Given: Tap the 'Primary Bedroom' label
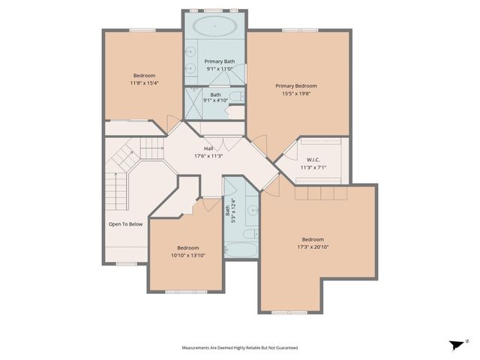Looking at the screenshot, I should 298,85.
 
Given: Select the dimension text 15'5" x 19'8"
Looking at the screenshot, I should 298,94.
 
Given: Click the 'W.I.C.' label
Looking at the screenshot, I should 313,159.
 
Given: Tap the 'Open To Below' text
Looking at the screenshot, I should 125,223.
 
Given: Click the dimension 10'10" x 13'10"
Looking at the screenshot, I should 187,256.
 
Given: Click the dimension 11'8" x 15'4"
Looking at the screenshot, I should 145,83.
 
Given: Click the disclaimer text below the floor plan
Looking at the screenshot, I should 239,348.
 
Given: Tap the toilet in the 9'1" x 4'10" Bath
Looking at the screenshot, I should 235,97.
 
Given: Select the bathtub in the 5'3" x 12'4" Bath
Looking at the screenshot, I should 241,247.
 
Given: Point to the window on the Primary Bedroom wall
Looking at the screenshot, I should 294,30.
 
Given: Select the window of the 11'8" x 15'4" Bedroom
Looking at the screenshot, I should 141,30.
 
